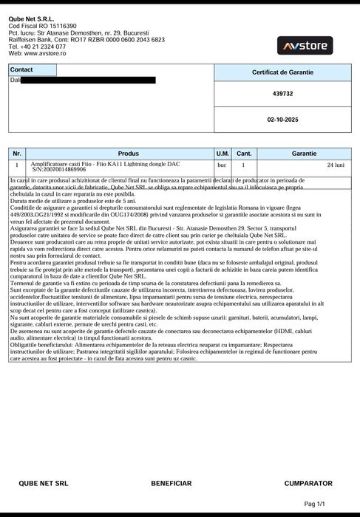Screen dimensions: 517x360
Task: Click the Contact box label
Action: (x=22, y=69)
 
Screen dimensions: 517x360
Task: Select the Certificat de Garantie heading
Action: (x=282, y=72)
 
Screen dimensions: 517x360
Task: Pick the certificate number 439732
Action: (x=282, y=94)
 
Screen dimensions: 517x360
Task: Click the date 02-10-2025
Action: (x=282, y=118)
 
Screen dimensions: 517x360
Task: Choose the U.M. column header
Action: (x=223, y=153)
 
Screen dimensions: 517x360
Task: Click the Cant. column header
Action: (x=244, y=153)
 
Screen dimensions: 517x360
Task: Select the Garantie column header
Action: (x=304, y=153)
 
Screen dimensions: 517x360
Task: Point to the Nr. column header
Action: (x=18, y=153)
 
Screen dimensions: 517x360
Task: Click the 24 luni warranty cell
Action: (x=335, y=165)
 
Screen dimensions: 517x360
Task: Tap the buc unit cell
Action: (x=222, y=165)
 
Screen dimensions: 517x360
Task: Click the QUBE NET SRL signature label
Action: (x=44, y=483)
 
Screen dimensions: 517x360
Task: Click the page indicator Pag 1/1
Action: (x=314, y=504)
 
